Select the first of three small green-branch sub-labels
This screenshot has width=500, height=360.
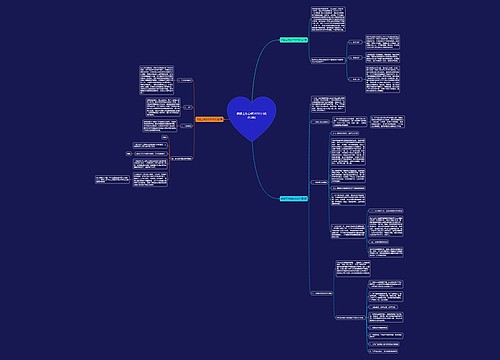click(x=356, y=42)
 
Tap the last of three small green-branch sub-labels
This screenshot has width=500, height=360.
click(x=356, y=86)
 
